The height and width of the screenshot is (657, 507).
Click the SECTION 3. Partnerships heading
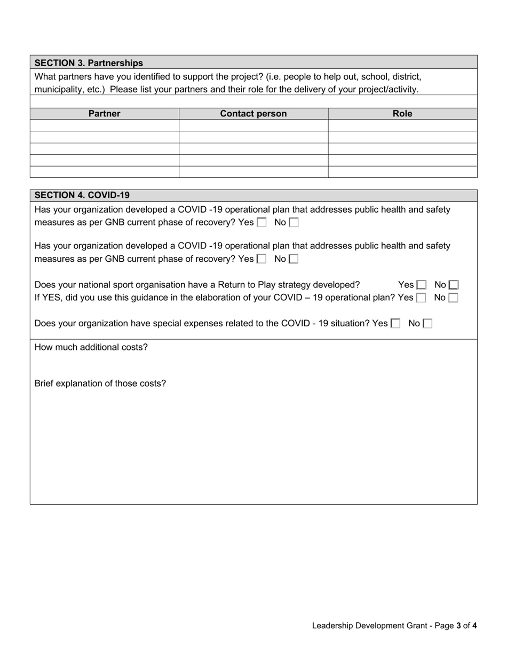coord(89,62)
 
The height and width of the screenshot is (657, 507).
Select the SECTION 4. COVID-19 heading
coord(82,195)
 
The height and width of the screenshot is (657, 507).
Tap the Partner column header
coord(104,114)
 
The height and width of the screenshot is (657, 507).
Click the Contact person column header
coord(253,114)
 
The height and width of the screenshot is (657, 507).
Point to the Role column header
coord(402,114)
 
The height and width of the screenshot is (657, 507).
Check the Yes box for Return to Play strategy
coord(422,285)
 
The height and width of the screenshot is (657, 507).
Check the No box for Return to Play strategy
coord(454,285)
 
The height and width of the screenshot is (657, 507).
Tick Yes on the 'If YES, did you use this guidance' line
coord(421,298)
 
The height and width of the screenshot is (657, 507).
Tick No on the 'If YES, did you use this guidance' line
coord(453,298)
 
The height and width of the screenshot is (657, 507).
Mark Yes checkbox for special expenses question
coord(395,323)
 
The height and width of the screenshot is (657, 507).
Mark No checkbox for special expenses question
coord(427,323)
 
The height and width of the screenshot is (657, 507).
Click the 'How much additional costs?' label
coord(91,347)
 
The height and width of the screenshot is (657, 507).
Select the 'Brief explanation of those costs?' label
coord(100,384)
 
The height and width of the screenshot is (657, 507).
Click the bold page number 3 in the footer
coord(458,625)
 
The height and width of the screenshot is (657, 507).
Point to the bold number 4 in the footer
coord(474,625)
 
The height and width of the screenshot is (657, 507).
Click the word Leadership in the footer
coord(332,625)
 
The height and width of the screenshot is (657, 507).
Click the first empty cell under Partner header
coord(104,126)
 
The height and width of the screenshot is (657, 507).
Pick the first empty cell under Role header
coord(402,126)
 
